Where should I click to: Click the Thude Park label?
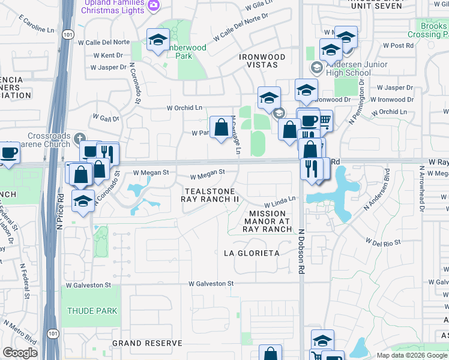tap(92, 311)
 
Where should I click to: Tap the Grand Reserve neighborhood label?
tap(147, 343)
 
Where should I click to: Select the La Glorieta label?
tap(252, 253)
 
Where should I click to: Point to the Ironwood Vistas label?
tap(262, 60)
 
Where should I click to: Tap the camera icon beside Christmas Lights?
tap(154, 5)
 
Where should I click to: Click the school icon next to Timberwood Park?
tap(157, 40)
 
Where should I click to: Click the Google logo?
tap(20, 353)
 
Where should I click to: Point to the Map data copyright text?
tap(411, 355)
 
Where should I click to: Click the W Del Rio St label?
tap(383, 242)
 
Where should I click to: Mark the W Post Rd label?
tap(402, 45)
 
